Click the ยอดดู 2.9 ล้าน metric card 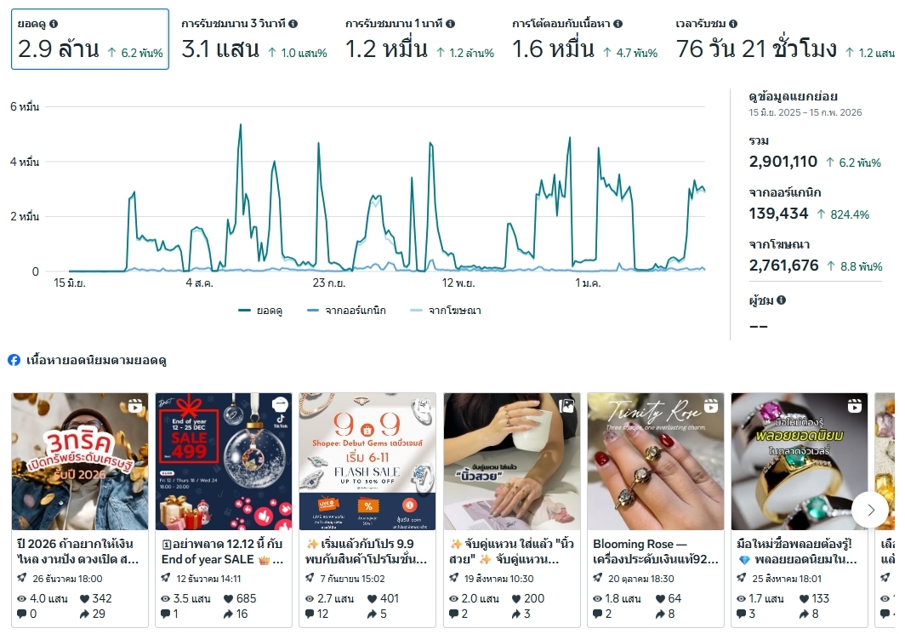89,39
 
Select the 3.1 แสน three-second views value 220,49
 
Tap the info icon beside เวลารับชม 733,24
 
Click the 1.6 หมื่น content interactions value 553,49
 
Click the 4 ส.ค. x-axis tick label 200,283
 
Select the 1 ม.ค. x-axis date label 589,283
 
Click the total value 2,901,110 783,162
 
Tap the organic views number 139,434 778,214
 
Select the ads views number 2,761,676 783,266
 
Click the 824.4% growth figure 850,214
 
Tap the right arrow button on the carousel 870,510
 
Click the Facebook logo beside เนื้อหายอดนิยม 14,360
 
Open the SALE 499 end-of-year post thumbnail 223,461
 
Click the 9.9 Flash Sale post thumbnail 367,461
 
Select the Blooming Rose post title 655,551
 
